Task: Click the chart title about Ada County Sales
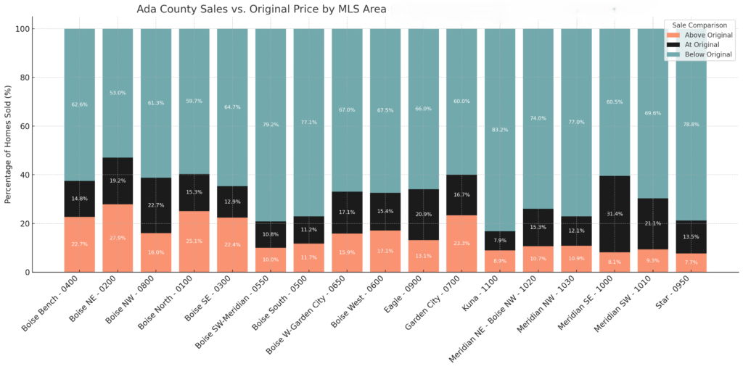[261, 9]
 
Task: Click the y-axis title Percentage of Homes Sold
[9, 150]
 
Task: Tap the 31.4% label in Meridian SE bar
[615, 213]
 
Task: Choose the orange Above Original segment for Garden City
[461, 244]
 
